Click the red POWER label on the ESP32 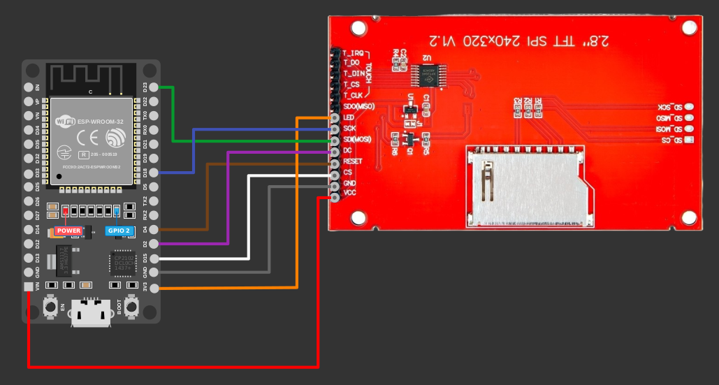[x=68, y=231]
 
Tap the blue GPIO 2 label [x=118, y=231]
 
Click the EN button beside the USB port [x=50, y=306]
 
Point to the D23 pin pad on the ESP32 [x=154, y=87]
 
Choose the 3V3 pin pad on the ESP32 [x=154, y=287]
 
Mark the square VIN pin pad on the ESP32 [x=28, y=287]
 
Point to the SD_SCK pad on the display [x=689, y=108]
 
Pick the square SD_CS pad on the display [x=689, y=141]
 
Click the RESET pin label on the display [x=353, y=161]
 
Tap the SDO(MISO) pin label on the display [x=359, y=106]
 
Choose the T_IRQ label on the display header [x=353, y=53]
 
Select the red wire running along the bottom [x=175, y=365]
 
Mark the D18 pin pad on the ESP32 [x=154, y=172]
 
